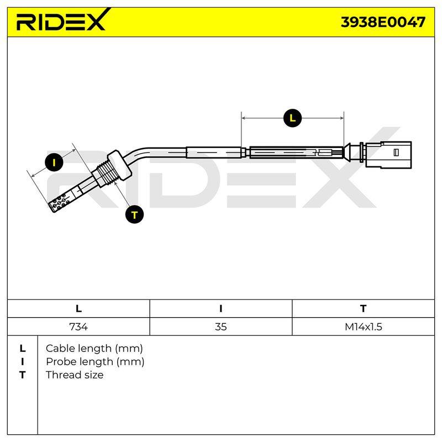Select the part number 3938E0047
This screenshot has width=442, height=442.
pyautogui.click(x=383, y=22)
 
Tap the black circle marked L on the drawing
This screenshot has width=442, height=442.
pyautogui.click(x=292, y=118)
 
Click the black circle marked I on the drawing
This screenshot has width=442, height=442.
pyautogui.click(x=54, y=162)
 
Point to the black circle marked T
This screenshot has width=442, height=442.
pyautogui.click(x=134, y=214)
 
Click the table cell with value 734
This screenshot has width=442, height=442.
pyautogui.click(x=78, y=327)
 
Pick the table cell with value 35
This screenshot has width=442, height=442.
pyautogui.click(x=220, y=327)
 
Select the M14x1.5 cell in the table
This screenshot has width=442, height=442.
pyautogui.click(x=364, y=327)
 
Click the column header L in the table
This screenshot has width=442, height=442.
pyautogui.click(x=78, y=309)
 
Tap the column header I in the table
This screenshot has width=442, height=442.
pyautogui.click(x=220, y=309)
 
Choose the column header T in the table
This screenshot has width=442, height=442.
pyautogui.click(x=364, y=309)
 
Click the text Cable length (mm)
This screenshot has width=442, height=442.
pyautogui.click(x=94, y=349)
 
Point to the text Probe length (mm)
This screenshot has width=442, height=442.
pyautogui.click(x=95, y=362)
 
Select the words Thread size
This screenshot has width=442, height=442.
pyautogui.click(x=75, y=375)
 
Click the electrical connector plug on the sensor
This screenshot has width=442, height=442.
pyautogui.click(x=388, y=155)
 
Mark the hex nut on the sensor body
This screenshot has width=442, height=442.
pyautogui.click(x=119, y=164)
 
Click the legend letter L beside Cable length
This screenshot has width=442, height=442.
pyautogui.click(x=23, y=349)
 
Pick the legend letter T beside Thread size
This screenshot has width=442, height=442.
pyautogui.click(x=23, y=375)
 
